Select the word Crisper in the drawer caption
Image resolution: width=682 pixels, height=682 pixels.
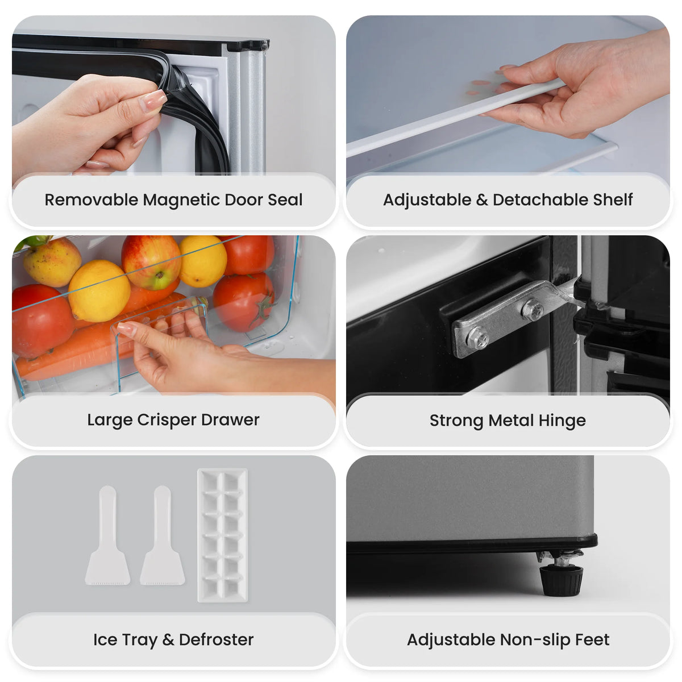point(167,421)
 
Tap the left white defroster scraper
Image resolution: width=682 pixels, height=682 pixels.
point(107,536)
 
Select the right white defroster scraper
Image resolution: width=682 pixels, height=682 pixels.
point(163,536)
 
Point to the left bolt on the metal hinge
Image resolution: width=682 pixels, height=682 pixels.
point(477,338)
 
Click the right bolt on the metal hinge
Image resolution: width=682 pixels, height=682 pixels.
point(532,309)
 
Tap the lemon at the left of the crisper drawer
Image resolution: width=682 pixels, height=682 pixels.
point(99,291)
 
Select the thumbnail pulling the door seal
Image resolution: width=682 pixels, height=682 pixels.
point(153,100)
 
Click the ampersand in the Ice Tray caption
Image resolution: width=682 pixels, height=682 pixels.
point(168,640)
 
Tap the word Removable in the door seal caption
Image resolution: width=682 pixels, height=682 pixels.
point(92,200)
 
